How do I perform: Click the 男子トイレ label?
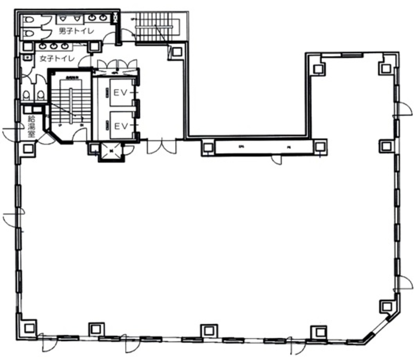76,31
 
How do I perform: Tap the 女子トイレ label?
57,58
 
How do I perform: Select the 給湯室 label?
32,127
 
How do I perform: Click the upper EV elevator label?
121,93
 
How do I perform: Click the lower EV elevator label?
121,126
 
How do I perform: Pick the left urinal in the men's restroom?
63,18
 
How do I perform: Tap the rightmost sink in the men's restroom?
102,18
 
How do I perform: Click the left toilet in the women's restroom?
27,94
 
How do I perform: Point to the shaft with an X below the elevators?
111,151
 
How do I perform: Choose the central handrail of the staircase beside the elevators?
71,105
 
